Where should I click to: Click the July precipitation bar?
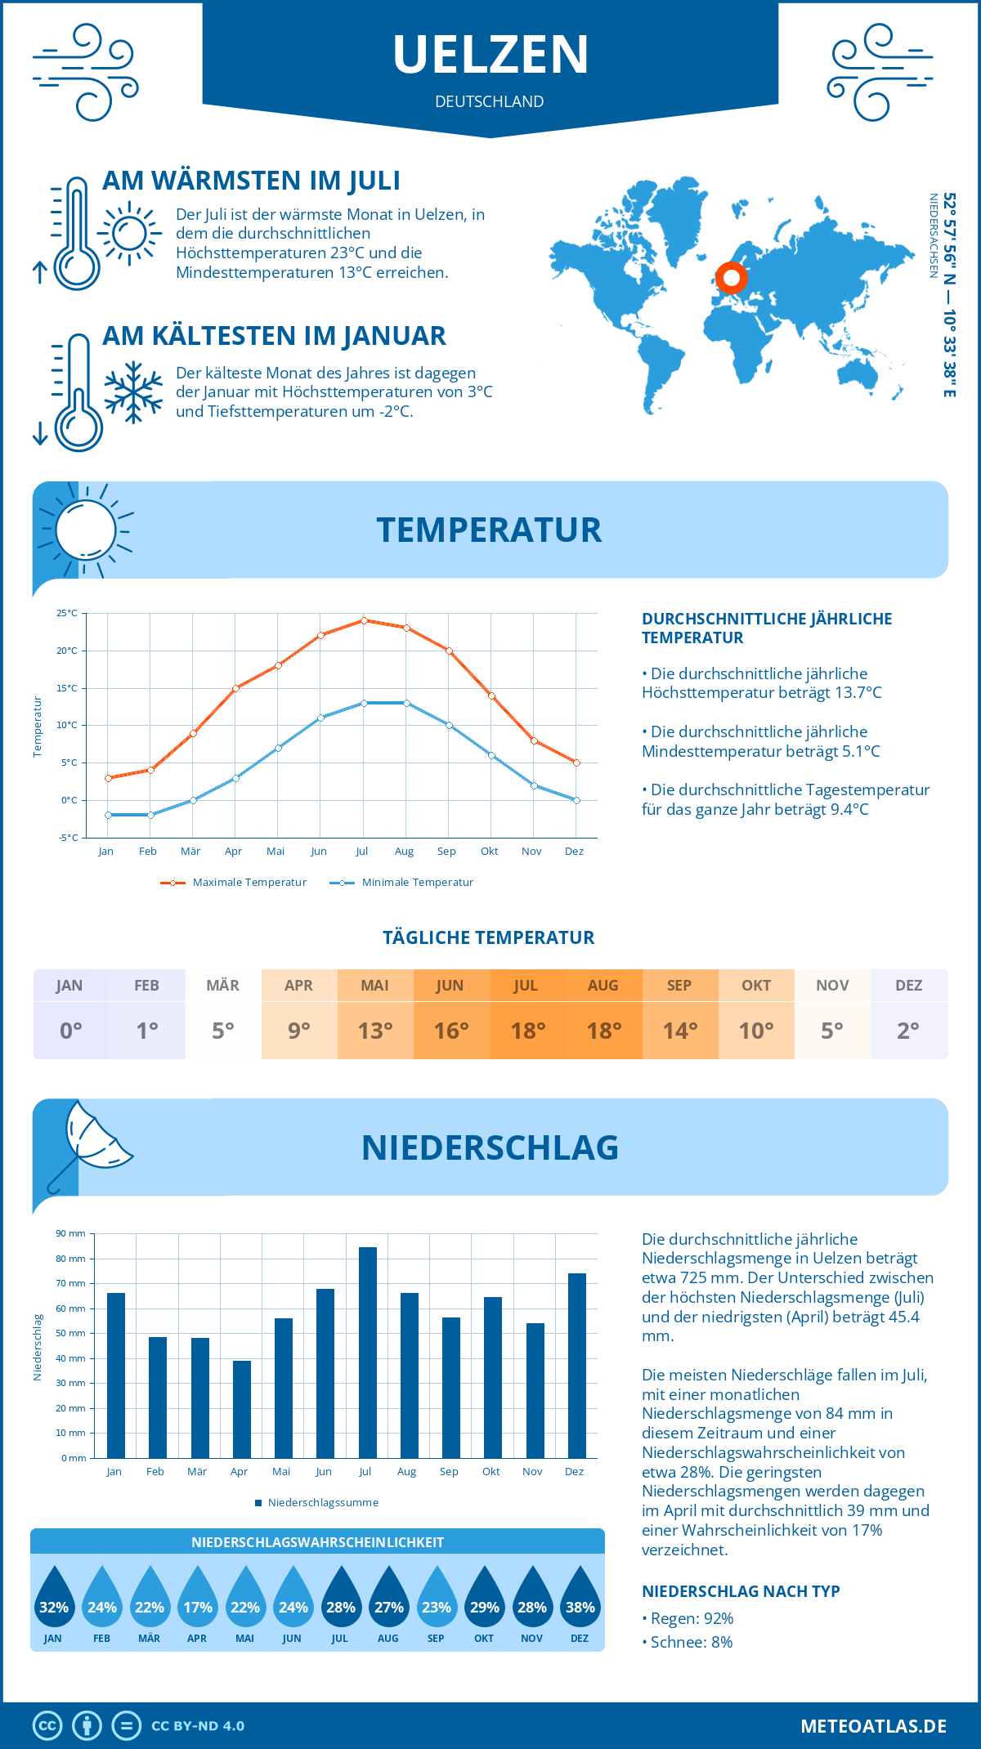[367, 1353]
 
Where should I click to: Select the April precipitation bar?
[242, 1409]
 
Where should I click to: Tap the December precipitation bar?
[577, 1366]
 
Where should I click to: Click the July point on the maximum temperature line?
[364, 620]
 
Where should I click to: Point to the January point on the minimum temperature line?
[108, 815]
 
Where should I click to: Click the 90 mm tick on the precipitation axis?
[71, 1233]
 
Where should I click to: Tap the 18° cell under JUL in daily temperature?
[527, 1031]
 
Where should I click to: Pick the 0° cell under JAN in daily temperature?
[70, 1031]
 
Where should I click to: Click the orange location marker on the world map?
[732, 278]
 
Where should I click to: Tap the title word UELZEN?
[490, 55]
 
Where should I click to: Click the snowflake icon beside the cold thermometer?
[133, 392]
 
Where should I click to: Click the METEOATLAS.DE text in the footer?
[873, 1726]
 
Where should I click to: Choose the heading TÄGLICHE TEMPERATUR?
[489, 937]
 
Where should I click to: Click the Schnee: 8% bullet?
[688, 1642]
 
